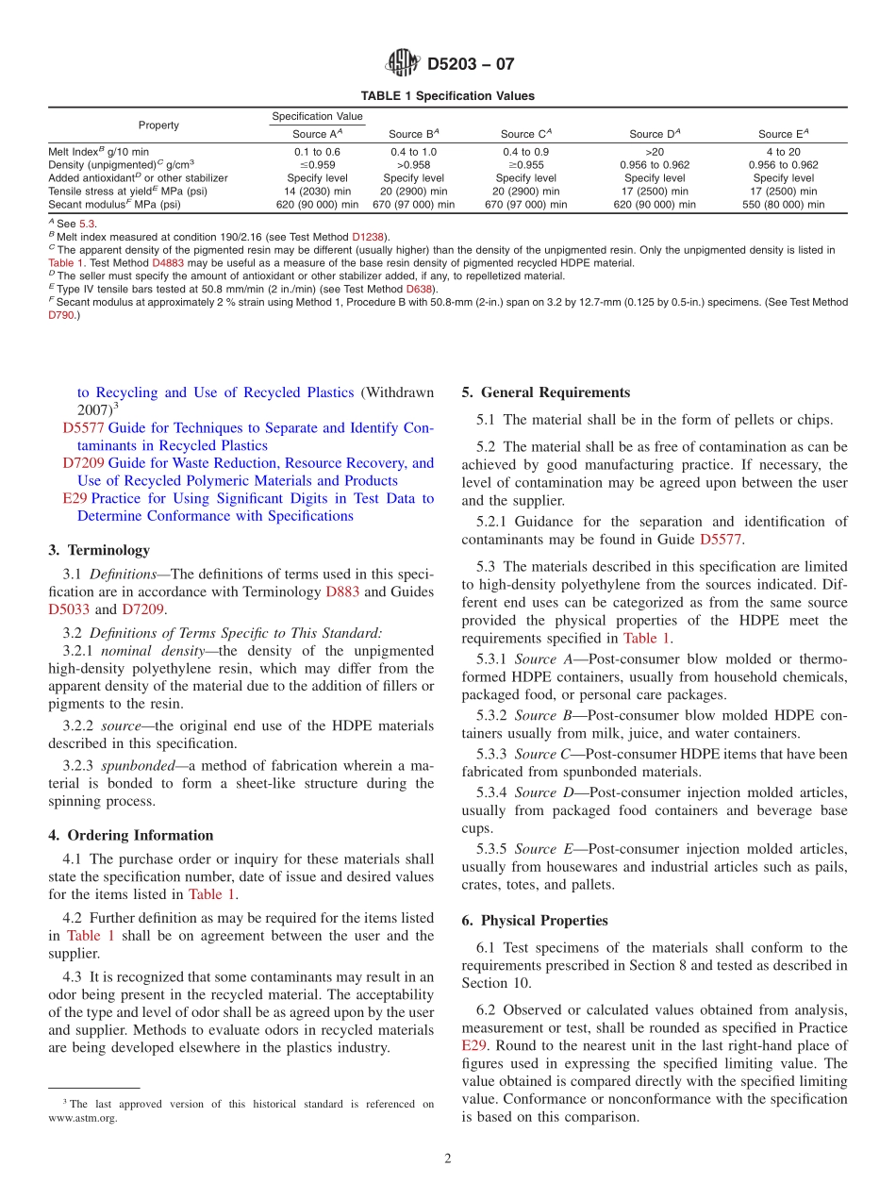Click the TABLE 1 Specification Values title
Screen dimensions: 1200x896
coord(447,96)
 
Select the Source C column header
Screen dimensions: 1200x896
coord(525,134)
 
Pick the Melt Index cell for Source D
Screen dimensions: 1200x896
coord(655,151)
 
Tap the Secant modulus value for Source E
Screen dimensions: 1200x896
coord(783,204)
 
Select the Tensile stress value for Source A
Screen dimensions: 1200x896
coord(317,191)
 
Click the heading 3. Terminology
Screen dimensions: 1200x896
coord(98,550)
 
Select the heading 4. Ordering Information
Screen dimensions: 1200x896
coord(130,835)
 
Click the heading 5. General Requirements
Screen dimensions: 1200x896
coord(545,392)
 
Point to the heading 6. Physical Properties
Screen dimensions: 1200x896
coord(535,921)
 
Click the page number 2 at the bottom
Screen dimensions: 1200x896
coord(448,1159)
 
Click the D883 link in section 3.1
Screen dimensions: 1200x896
coord(342,592)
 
